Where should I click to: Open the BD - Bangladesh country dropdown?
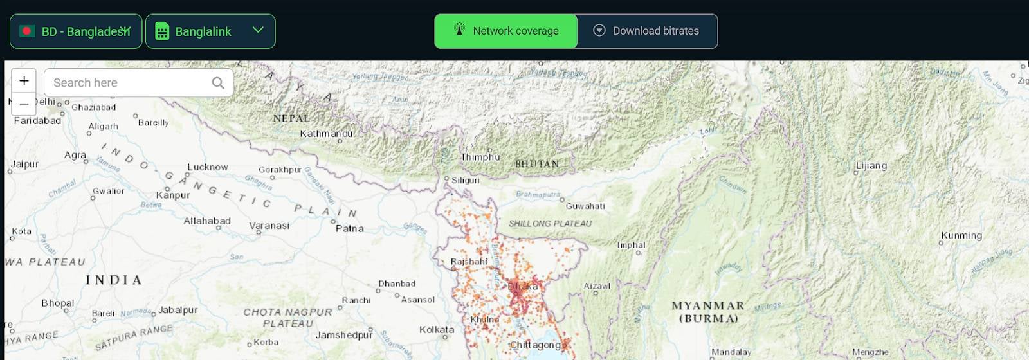76,32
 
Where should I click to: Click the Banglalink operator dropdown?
210,32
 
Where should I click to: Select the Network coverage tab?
506,31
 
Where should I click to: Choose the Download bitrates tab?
647,31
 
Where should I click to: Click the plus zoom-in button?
24,81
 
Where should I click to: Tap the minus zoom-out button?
24,104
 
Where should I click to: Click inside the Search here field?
129,83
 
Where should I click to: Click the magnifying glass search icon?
218,83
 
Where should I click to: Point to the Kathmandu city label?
326,134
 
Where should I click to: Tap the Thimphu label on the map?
480,157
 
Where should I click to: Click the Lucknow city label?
207,167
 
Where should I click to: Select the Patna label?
349,228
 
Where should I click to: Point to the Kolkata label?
437,330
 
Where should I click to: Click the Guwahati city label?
585,206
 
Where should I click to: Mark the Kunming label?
961,235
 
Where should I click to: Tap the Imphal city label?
631,245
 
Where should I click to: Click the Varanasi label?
269,226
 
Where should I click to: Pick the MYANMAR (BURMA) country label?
708,312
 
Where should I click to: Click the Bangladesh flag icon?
27,31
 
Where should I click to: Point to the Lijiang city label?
871,166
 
